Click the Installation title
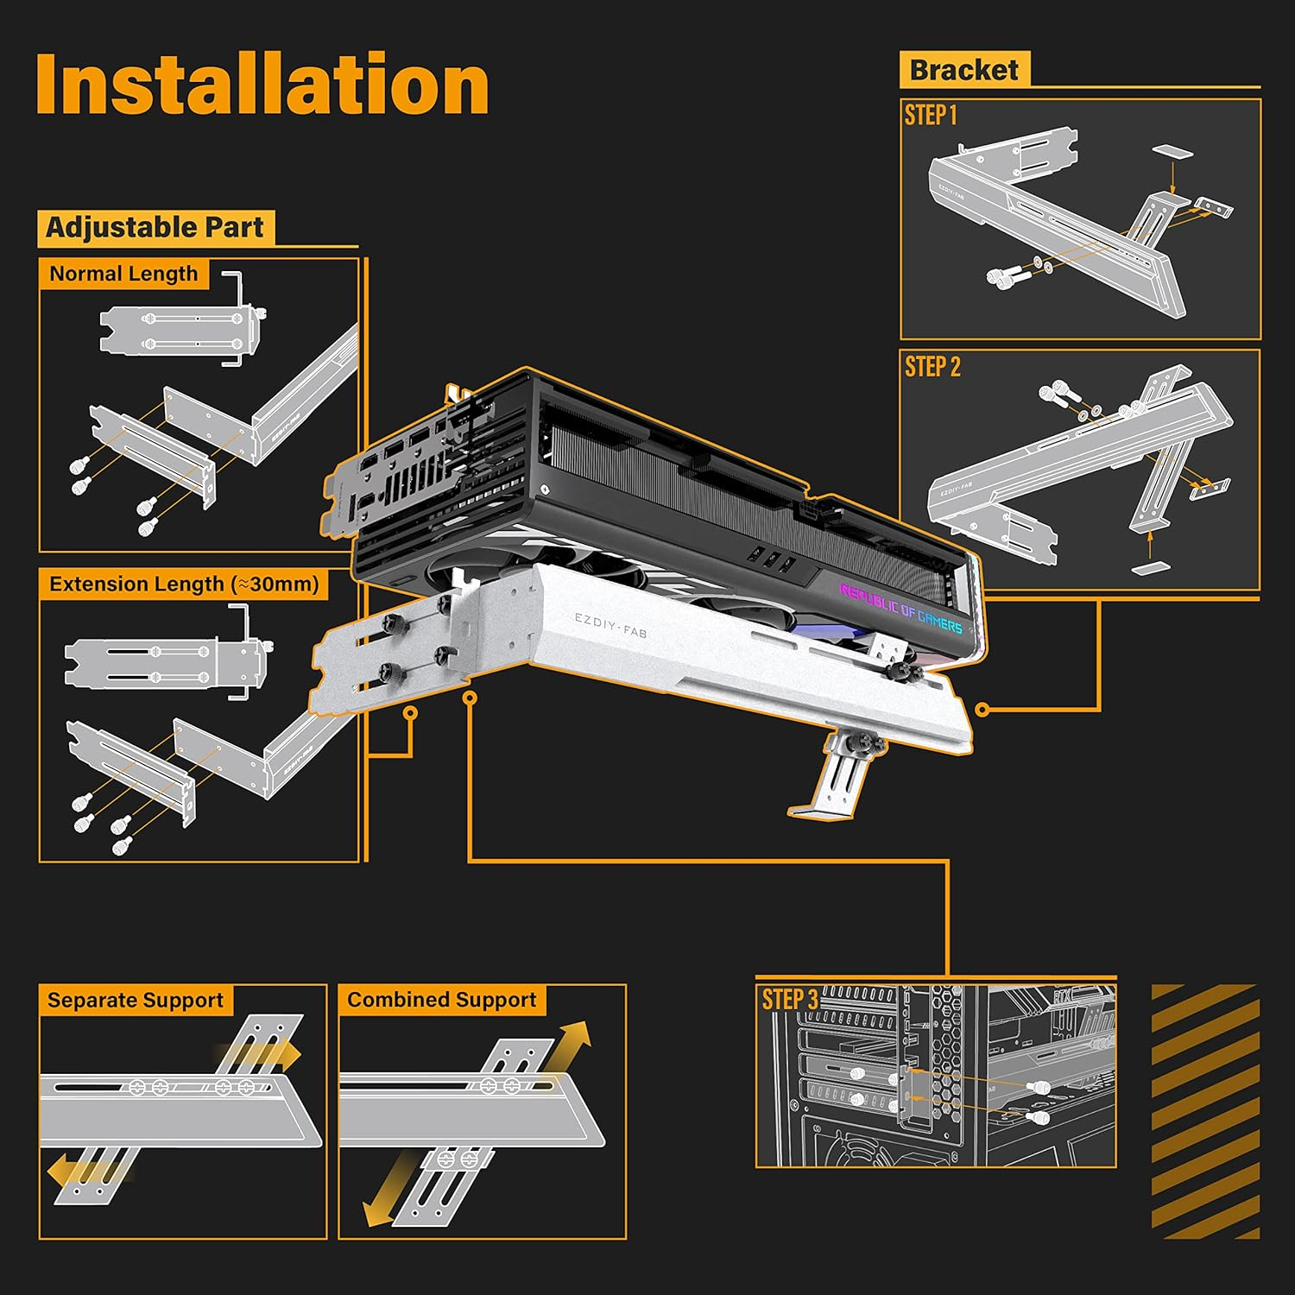click(262, 85)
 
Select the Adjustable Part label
click(155, 228)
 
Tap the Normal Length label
click(123, 274)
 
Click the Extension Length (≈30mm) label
click(184, 584)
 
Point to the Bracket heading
click(963, 70)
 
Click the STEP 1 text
click(931, 115)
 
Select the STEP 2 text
click(932, 367)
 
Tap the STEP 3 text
click(789, 1000)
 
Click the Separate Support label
click(135, 1001)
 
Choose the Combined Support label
click(441, 1000)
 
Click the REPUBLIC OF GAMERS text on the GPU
click(900, 608)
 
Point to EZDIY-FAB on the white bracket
click(610, 625)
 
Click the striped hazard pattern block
click(1204, 1111)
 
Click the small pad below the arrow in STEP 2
click(1149, 568)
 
